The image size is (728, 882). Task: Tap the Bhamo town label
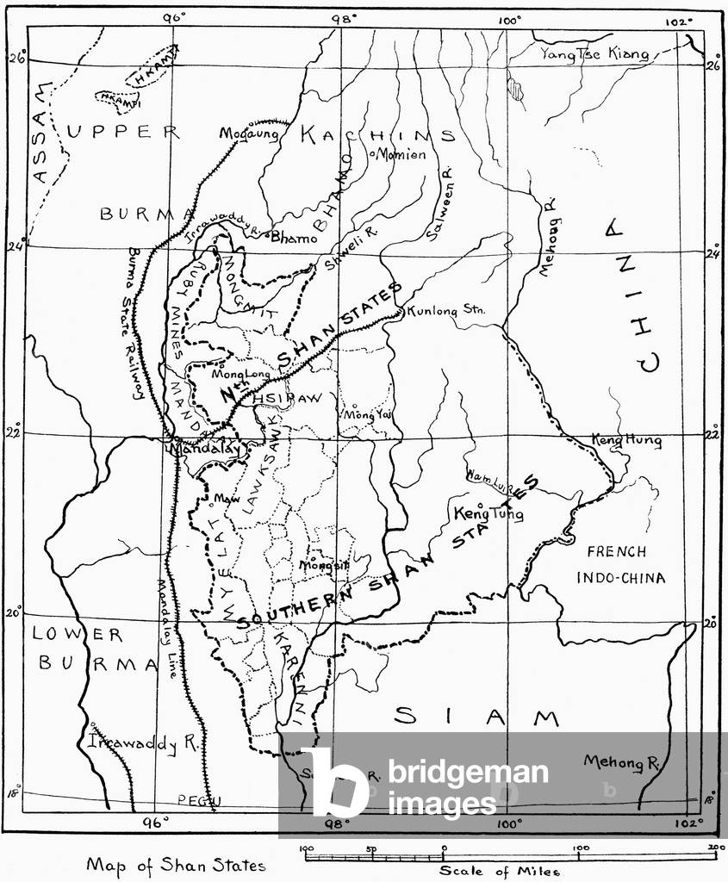(x=295, y=239)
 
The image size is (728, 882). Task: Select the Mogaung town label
(x=250, y=134)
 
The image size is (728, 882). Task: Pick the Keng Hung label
(x=626, y=441)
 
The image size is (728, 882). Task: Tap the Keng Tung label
(x=488, y=513)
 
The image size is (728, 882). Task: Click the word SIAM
(x=476, y=717)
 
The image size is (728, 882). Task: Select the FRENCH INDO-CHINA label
(x=626, y=565)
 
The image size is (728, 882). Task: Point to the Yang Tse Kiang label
(x=594, y=53)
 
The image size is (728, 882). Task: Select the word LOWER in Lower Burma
(x=78, y=635)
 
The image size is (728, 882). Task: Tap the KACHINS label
(x=376, y=135)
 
